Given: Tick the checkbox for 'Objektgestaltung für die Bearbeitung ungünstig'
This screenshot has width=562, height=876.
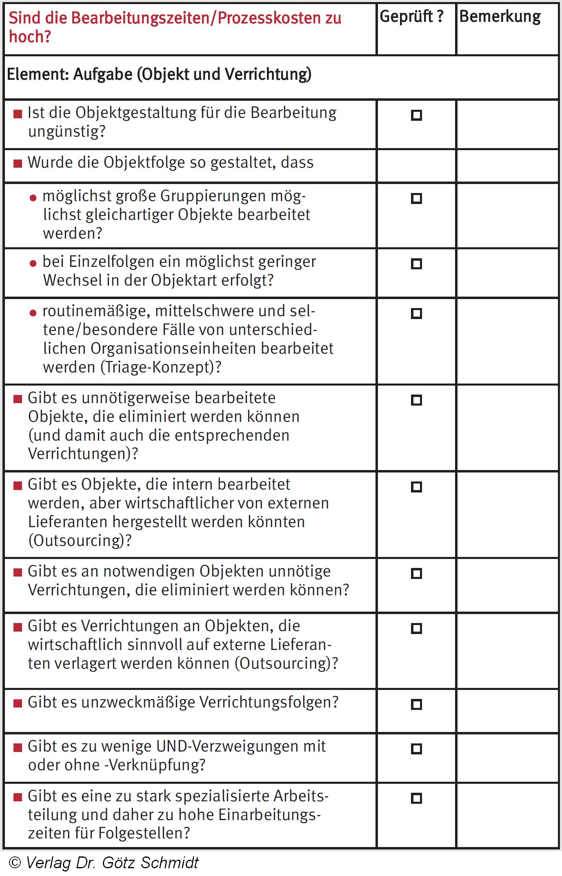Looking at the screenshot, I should [416, 115].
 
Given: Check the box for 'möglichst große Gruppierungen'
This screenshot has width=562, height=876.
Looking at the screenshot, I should [416, 198].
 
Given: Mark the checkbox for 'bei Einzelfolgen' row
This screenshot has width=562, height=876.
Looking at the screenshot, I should [416, 264].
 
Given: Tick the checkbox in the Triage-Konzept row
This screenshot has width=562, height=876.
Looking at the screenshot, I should [416, 313].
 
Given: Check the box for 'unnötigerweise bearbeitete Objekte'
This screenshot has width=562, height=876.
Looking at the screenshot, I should [416, 400].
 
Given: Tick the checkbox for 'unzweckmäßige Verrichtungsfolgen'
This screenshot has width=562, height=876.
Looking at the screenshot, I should [416, 704].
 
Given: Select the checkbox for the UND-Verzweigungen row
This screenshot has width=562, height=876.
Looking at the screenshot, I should [416, 749].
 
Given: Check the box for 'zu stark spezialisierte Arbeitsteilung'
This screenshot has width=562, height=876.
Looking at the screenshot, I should [416, 798].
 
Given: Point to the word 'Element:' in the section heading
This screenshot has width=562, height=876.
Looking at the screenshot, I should [38, 75].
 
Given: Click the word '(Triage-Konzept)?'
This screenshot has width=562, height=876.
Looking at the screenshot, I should [161, 367].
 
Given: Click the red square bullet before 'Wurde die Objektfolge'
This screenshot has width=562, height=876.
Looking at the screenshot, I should [18, 164].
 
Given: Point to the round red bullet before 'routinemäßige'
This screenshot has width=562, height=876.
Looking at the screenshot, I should [33, 313].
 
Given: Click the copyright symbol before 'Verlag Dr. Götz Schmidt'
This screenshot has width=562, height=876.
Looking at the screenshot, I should [15, 862].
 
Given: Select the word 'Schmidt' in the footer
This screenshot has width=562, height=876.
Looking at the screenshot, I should [169, 863].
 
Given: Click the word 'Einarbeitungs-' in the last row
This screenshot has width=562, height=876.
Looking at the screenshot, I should [269, 814].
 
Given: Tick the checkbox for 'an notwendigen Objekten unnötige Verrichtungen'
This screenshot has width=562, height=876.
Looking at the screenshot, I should [416, 574].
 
